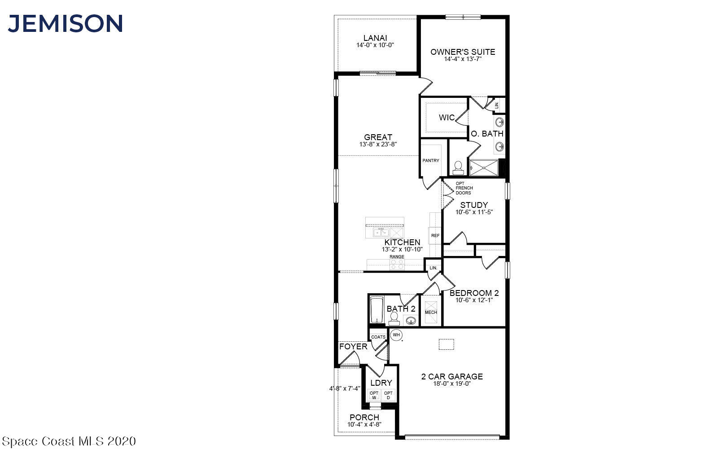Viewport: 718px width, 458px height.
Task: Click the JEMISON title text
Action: (66, 23)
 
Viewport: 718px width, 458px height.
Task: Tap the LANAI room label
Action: (375, 38)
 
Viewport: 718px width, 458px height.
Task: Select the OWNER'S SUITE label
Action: (463, 52)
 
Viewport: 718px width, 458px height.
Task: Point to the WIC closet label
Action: (447, 118)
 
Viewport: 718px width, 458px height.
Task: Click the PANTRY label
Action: (431, 160)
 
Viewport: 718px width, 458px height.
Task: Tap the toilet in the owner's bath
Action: (458, 168)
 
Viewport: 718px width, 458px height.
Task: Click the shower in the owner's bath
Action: (484, 168)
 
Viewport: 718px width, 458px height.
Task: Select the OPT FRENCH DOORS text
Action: (464, 188)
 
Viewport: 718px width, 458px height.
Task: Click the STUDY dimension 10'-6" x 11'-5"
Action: (474, 212)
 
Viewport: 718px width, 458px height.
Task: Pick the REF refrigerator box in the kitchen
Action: (435, 235)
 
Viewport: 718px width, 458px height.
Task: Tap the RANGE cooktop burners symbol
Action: (397, 264)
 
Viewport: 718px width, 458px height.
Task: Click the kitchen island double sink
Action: (381, 232)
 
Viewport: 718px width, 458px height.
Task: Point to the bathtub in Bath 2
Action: (377, 309)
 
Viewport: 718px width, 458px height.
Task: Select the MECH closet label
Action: (431, 313)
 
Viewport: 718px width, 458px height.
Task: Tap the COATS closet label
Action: (378, 337)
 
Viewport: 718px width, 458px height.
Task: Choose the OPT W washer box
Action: (374, 396)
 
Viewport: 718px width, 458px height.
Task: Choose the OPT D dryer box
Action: (389, 396)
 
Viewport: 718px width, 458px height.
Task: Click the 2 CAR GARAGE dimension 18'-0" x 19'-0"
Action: (452, 384)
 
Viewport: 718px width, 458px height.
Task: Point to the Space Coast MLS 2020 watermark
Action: (69, 441)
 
